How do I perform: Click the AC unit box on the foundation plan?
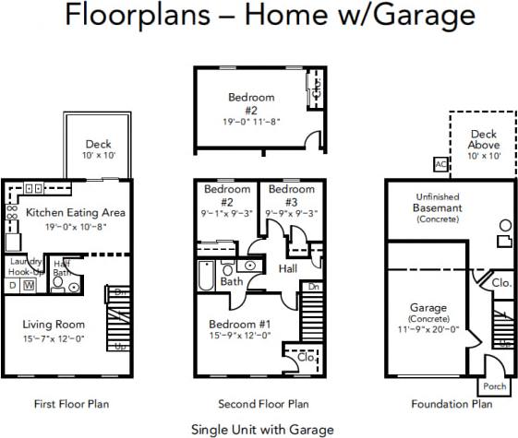point(440,164)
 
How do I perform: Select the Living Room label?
point(54,324)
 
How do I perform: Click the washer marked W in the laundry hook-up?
point(29,286)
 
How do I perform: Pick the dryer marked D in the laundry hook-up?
point(12,286)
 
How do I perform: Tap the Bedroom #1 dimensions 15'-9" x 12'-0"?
point(239,335)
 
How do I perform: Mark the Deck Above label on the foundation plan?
point(484,140)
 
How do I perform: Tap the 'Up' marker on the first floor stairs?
point(121,347)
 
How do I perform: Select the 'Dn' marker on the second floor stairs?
point(313,287)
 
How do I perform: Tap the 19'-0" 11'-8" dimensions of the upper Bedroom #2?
point(252,120)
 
